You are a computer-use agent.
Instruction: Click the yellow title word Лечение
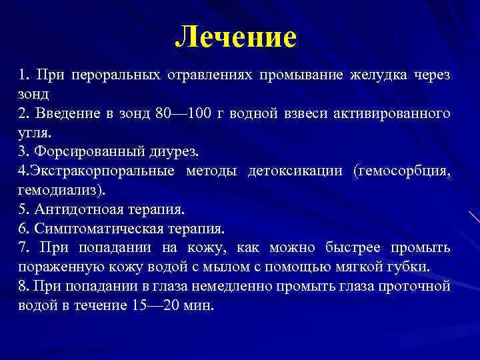point(235,37)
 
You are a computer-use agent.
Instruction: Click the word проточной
point(417,287)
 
